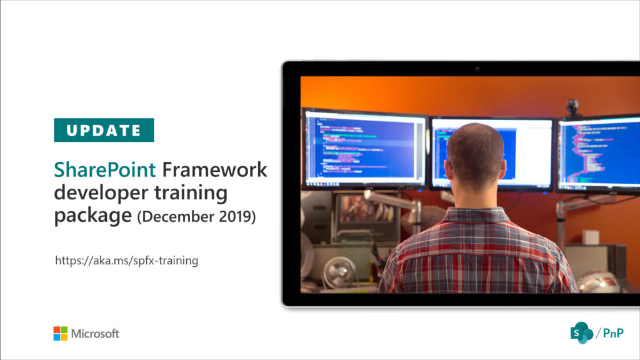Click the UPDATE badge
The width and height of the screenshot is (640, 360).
pos(104,130)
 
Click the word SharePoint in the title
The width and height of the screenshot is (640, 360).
pos(106,170)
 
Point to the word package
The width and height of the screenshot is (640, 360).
pos(93,216)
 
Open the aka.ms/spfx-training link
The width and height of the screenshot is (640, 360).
pos(127,261)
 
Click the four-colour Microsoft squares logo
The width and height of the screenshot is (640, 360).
pos(61,334)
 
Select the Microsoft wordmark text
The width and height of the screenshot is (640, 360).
pos(95,334)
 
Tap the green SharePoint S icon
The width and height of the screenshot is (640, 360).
pos(581,332)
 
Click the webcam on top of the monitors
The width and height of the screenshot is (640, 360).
pos(572,106)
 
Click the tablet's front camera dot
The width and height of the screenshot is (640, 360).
pos(477,69)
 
